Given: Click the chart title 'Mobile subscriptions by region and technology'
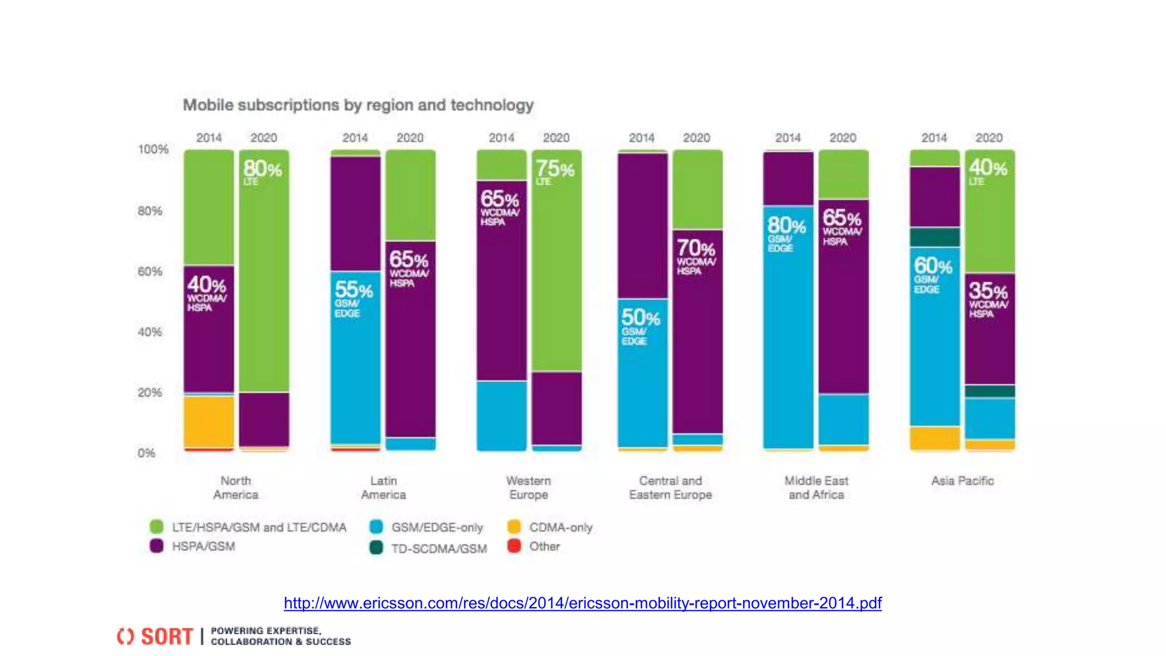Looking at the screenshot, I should [358, 105].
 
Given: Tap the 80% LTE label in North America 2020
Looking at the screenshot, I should [262, 171].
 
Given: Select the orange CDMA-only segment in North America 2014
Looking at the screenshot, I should [208, 422].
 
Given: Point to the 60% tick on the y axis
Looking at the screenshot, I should [150, 272].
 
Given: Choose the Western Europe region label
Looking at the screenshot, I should [528, 488].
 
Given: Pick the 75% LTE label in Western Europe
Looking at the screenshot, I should [554, 171].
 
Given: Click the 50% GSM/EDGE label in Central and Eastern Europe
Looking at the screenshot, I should [640, 325].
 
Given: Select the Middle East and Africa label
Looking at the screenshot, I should [816, 488].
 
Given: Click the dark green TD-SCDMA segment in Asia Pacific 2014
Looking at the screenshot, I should [934, 237].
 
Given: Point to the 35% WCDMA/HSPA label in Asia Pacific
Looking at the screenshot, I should [988, 298].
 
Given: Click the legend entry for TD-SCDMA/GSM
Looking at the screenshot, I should [438, 548].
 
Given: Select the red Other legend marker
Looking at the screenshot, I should [514, 546].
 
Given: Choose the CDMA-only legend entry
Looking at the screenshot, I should [560, 527].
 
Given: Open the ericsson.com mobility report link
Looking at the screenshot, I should [582, 603].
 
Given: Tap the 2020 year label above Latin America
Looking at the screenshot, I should [410, 138].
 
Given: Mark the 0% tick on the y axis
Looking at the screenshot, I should [146, 453].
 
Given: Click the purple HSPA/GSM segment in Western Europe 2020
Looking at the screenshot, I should [556, 408].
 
